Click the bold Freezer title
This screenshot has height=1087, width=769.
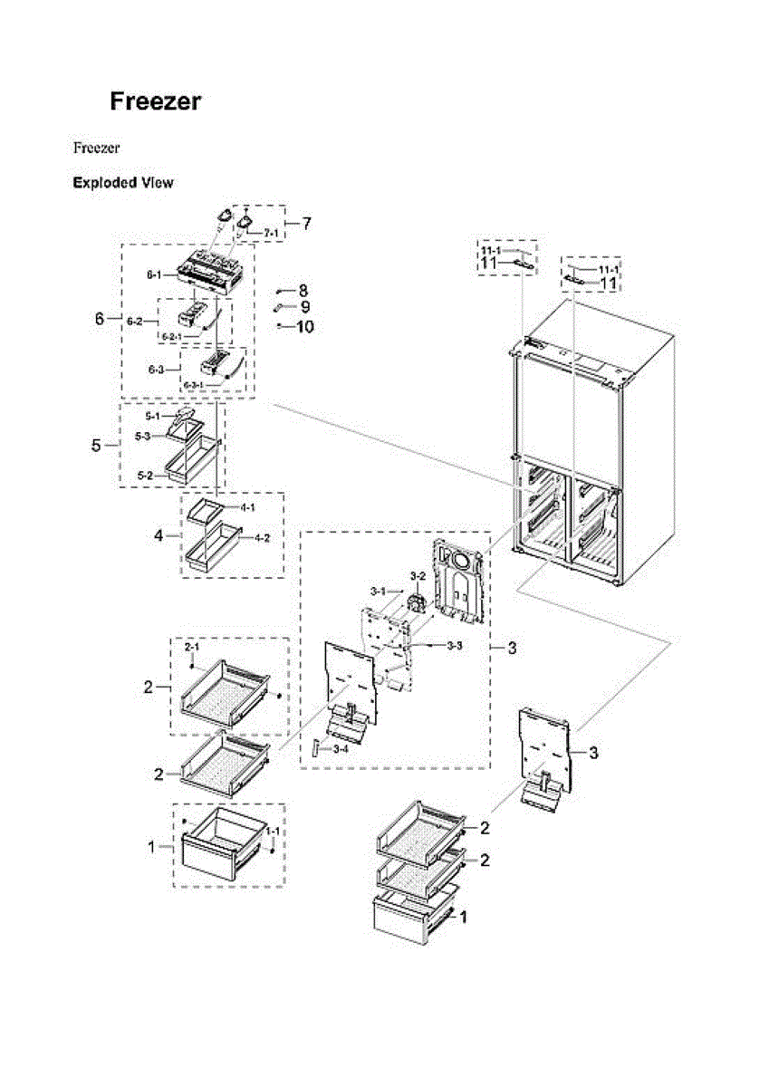coord(155,101)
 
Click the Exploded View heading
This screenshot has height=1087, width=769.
coord(123,182)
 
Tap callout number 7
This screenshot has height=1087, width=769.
coord(306,223)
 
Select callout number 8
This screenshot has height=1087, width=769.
coord(303,291)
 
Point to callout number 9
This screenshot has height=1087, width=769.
coord(304,307)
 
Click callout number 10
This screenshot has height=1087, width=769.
coord(304,326)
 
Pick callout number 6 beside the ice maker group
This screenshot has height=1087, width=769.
coord(100,319)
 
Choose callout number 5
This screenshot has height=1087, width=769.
coord(97,446)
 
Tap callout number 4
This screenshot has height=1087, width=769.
coord(159,535)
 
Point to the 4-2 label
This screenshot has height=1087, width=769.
coord(262,539)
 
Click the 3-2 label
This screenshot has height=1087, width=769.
coord(418,576)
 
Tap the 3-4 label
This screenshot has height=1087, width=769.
coord(341,749)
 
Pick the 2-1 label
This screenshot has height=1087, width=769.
coord(192,649)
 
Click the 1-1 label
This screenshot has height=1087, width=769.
coord(272,831)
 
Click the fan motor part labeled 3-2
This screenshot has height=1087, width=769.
coord(418,601)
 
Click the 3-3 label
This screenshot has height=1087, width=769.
coord(455,645)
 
